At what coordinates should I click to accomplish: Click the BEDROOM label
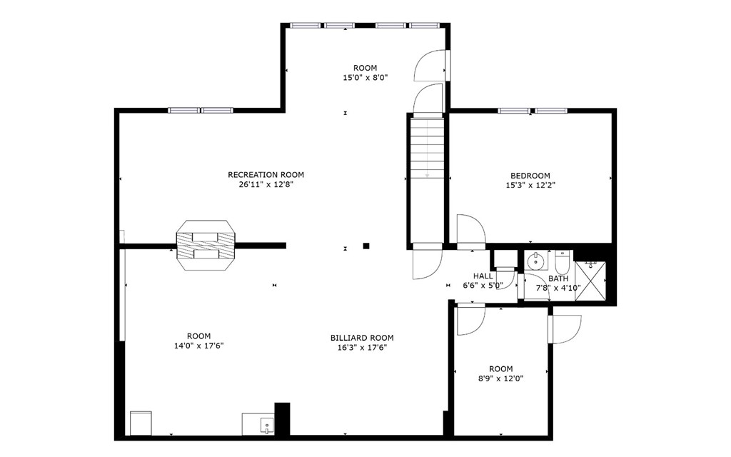(530, 176)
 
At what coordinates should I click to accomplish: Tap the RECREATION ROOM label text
(266, 175)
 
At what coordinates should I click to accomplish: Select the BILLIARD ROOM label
(361, 338)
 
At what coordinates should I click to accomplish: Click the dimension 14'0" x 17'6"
(198, 346)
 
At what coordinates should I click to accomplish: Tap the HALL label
(483, 276)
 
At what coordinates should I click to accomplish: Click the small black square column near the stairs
(366, 246)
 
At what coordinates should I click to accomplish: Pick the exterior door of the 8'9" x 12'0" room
(564, 328)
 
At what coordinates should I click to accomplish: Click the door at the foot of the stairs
(427, 261)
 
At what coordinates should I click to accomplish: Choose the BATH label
(558, 278)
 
